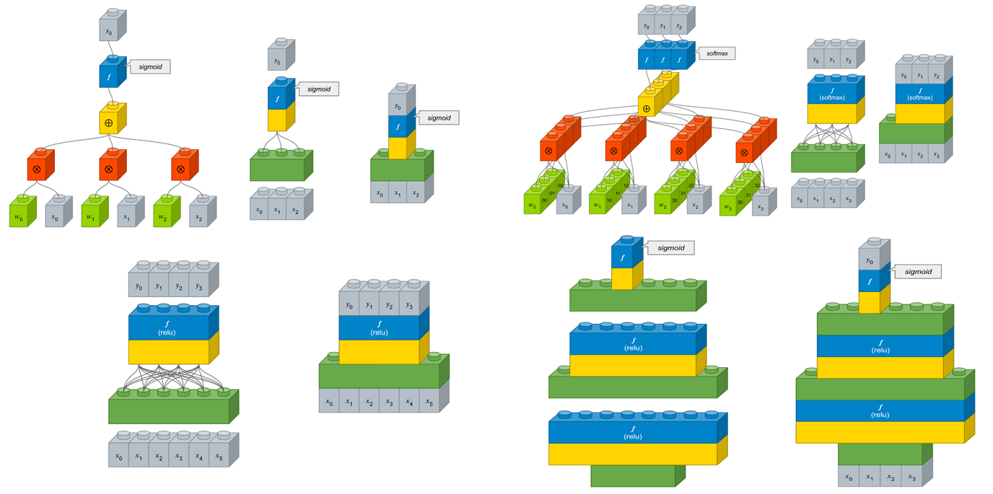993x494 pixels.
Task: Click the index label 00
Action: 543,200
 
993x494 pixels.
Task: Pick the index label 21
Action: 683,193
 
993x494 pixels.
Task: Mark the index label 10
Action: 609,200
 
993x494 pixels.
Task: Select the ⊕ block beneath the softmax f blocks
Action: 647,109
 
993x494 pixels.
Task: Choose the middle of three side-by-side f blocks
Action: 662,56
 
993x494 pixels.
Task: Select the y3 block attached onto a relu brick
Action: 409,305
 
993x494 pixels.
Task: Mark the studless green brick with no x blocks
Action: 631,475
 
